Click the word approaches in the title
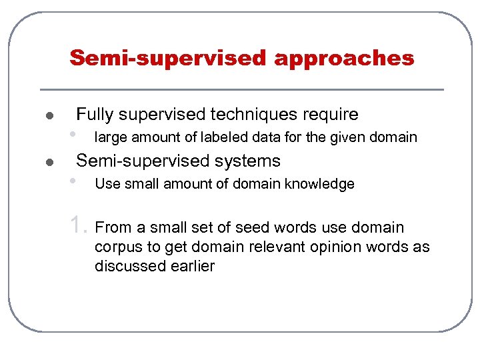(x=344, y=59)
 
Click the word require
(x=331, y=115)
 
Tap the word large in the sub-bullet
(x=110, y=138)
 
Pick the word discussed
(x=127, y=266)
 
